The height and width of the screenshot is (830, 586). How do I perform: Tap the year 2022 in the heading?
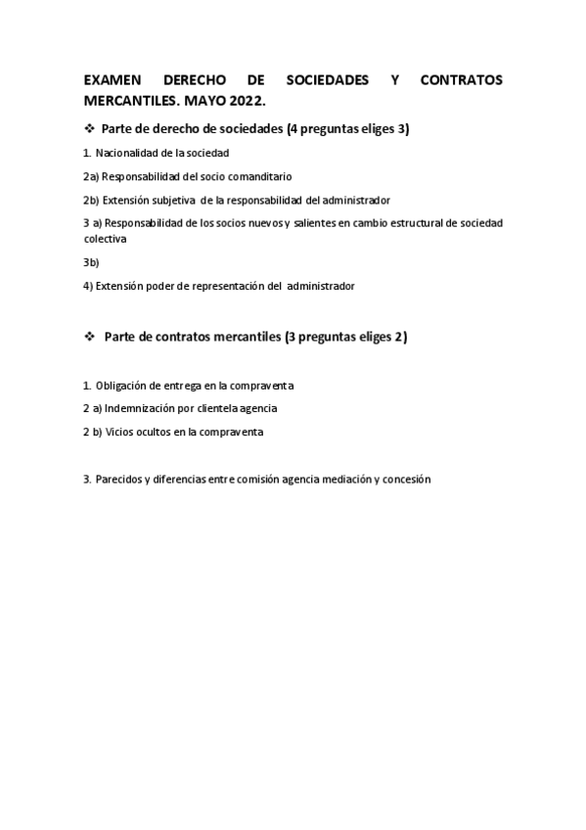click(x=249, y=101)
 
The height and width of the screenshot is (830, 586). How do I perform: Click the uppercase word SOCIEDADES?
click(x=328, y=80)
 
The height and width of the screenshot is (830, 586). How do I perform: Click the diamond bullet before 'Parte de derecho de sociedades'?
click(x=89, y=128)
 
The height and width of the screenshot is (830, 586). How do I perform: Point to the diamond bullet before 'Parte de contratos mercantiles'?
click(x=89, y=337)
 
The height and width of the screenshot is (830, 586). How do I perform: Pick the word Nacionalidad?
click(x=128, y=153)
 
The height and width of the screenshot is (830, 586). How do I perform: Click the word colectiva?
click(x=105, y=238)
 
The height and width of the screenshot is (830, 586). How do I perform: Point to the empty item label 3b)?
click(x=91, y=262)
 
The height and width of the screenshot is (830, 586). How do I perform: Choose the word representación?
click(x=222, y=286)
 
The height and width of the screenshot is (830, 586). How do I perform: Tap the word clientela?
click(x=217, y=408)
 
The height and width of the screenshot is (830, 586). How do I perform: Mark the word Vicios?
click(x=118, y=432)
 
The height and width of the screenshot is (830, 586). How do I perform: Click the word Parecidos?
click(x=118, y=480)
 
